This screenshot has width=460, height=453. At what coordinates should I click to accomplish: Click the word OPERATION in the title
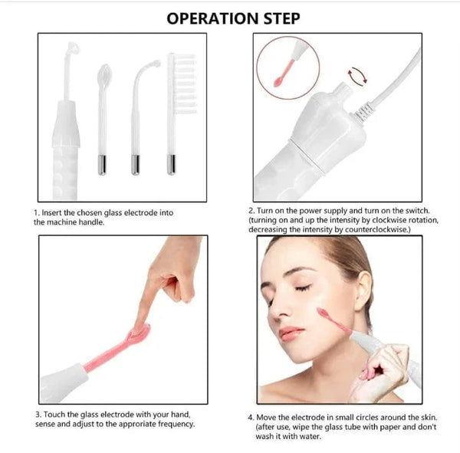click(206, 18)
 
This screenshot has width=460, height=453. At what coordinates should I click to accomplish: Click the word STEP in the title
click(278, 18)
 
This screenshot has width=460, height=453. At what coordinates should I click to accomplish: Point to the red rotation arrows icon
click(355, 74)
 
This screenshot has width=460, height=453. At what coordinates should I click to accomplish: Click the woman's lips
click(291, 333)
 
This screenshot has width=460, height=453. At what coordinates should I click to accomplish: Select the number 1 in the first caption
click(35, 211)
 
